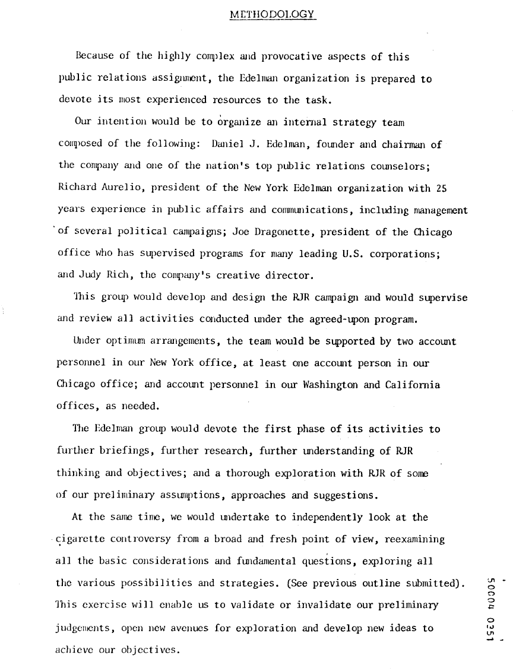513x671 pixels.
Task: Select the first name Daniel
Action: (228, 144)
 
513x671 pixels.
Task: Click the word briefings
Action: (126, 451)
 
